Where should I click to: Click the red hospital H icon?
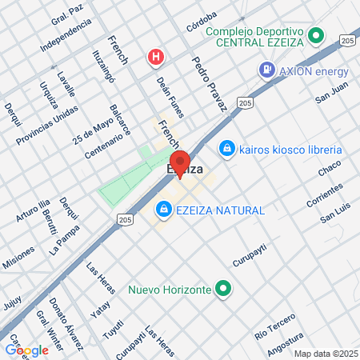click(x=156, y=57)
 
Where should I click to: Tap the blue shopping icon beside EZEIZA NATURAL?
click(x=164, y=209)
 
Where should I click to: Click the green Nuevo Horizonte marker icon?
click(x=225, y=288)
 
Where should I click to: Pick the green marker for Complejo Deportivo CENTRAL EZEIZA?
click(x=316, y=36)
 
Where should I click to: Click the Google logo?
click(x=26, y=350)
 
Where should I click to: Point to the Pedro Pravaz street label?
click(x=210, y=83)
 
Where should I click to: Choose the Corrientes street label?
click(x=324, y=194)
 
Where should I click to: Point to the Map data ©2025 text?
click(x=326, y=353)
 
